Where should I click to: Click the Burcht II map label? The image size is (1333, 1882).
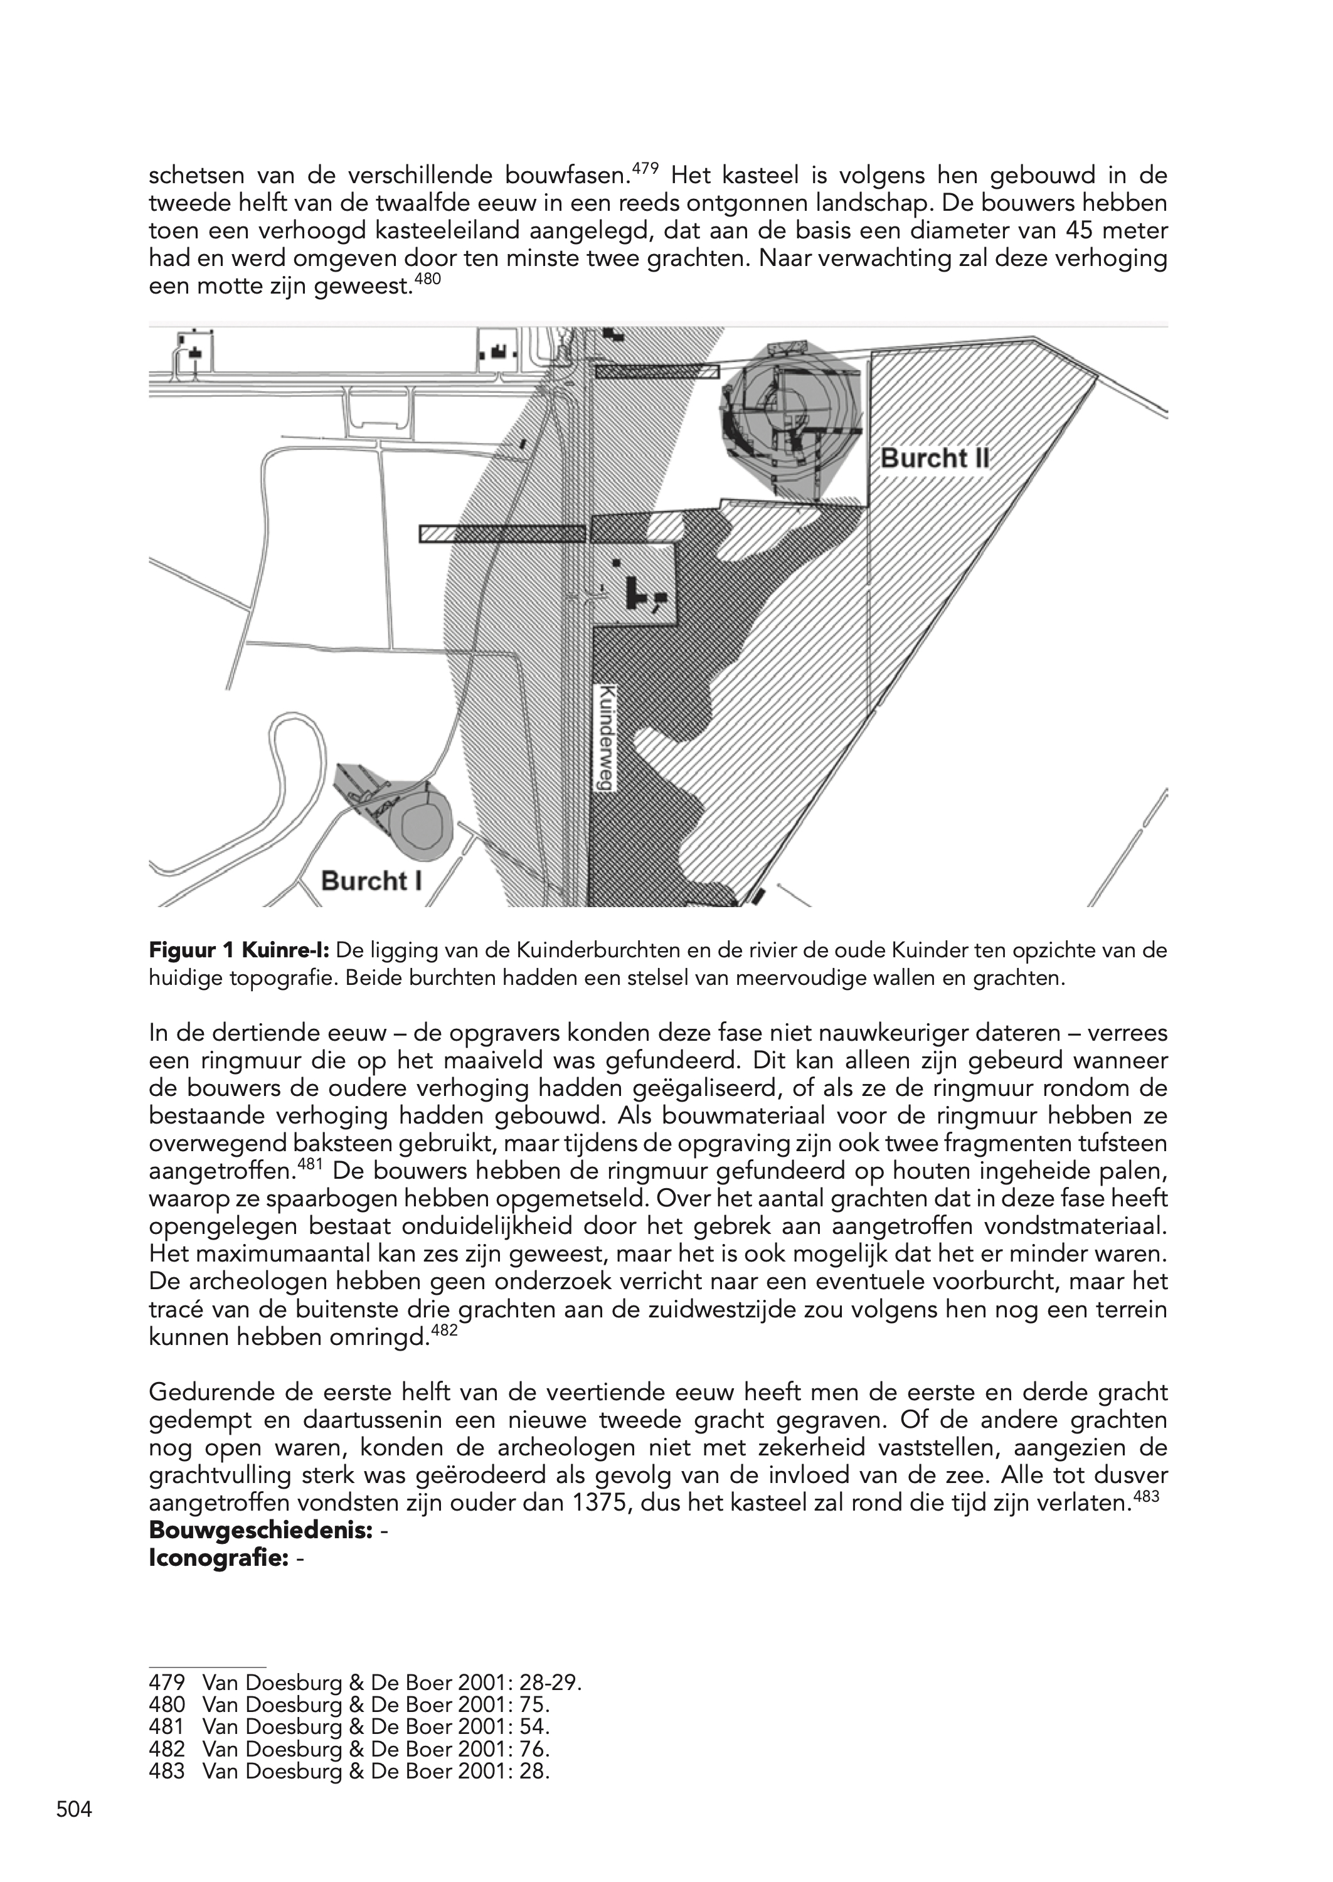(x=934, y=458)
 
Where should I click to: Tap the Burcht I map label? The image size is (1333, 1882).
(x=371, y=881)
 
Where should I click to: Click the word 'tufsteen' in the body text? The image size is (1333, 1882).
(x=1122, y=1144)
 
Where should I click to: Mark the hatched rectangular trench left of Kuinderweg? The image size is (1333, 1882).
(x=501, y=533)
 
